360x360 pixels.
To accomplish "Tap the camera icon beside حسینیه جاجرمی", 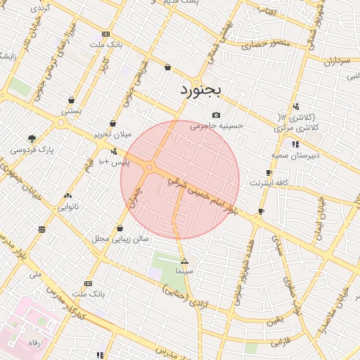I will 216,115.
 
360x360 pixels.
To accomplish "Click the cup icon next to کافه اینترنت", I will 269,172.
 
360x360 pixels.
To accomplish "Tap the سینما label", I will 184,270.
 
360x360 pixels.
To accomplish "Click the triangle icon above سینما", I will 184,261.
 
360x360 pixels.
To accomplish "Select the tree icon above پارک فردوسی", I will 31,139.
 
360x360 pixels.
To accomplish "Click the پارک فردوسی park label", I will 32,150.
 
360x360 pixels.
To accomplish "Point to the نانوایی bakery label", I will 68,207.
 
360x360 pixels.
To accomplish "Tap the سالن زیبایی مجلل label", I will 120,239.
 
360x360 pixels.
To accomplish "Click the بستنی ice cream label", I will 72,110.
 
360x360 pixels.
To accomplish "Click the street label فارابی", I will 280,342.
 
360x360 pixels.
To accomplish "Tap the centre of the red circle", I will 180,180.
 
